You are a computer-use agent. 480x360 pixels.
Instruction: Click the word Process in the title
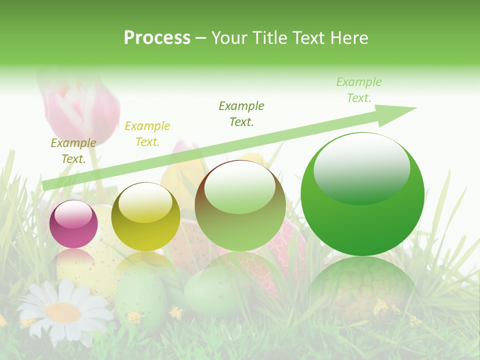(157, 37)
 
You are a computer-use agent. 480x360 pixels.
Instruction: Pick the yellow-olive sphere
(145, 216)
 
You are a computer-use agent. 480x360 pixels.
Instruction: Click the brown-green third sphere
(240, 205)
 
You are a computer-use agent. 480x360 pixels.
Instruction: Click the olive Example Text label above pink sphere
(73, 151)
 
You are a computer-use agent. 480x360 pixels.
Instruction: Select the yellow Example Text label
(147, 134)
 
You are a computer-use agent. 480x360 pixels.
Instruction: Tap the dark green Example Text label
(241, 114)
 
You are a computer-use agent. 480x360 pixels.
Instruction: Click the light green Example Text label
(358, 90)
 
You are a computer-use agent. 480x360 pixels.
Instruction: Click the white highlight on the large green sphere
(361, 168)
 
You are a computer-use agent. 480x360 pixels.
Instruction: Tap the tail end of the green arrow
(47, 185)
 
